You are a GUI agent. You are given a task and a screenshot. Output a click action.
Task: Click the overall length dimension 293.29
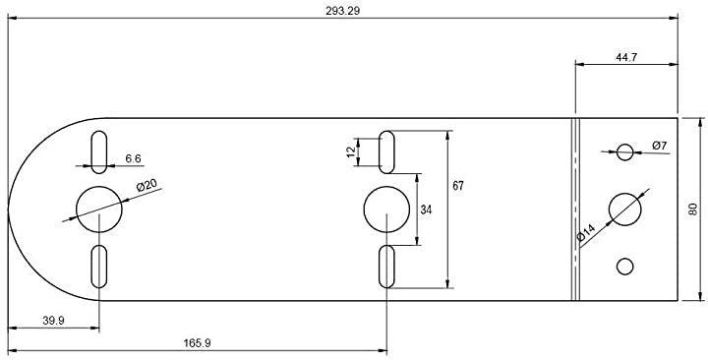[343, 11]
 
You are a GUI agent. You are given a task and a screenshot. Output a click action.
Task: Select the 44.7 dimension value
[626, 57]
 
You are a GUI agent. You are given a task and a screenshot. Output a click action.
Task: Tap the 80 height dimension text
[693, 209]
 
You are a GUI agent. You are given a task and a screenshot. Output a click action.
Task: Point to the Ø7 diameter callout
[659, 146]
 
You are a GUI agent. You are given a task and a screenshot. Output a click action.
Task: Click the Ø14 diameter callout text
[586, 233]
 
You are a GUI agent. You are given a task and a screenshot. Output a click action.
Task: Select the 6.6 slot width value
[133, 158]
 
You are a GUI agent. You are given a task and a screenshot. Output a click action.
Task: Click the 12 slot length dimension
[351, 151]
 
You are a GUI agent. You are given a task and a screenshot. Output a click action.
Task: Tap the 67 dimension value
[458, 186]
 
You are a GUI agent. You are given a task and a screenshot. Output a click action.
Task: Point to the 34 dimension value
[426, 210]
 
